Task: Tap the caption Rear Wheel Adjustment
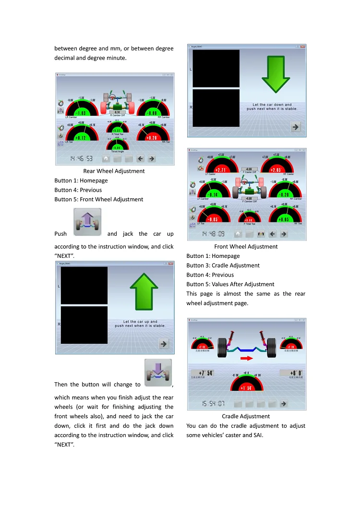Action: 114,171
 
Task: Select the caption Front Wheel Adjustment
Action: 246,247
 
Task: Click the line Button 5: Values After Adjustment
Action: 230,284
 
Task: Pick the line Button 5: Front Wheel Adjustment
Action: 98,199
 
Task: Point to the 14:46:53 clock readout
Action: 82,158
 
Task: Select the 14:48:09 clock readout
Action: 213,234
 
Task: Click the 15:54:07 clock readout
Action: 213,404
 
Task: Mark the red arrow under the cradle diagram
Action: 247,358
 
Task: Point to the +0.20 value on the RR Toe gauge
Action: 151,138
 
